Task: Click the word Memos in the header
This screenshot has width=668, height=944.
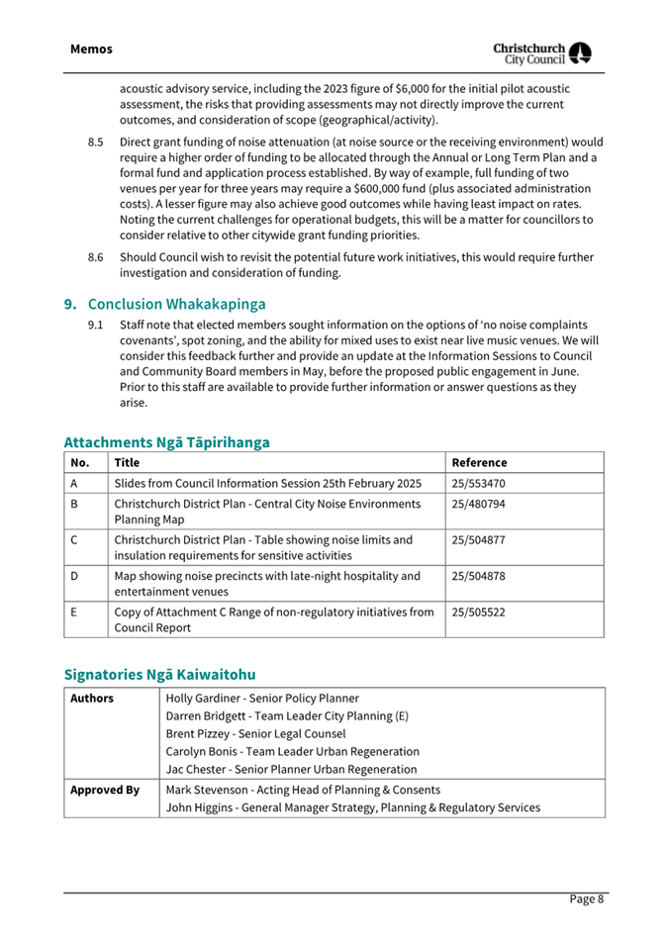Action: tap(91, 48)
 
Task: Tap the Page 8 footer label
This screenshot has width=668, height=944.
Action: tap(586, 898)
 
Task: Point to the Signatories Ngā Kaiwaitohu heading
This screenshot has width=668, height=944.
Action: tap(159, 674)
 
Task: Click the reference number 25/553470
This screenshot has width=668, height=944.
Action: tap(480, 483)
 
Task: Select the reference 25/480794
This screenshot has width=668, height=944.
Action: tap(480, 505)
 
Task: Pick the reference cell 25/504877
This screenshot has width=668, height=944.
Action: tap(480, 540)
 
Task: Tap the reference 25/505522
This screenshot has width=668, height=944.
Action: tap(480, 613)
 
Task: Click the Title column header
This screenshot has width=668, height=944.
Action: tap(127, 462)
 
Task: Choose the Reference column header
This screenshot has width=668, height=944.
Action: tap(479, 462)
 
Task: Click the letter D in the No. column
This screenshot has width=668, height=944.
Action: tap(75, 576)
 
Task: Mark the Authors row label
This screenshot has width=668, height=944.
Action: tap(92, 698)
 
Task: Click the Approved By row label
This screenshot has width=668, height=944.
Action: tap(104, 790)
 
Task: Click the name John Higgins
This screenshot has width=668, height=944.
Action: tap(201, 807)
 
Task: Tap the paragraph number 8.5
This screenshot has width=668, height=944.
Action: tap(96, 142)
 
